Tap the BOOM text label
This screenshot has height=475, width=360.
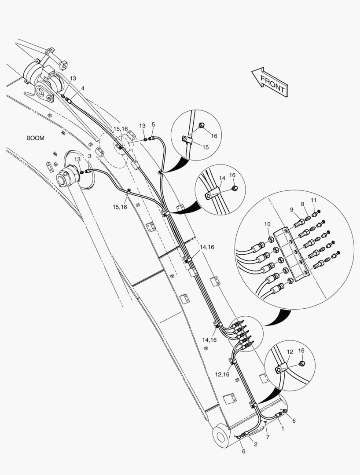click(x=35, y=138)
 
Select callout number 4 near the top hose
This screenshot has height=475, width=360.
click(x=83, y=88)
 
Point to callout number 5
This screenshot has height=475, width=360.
click(x=153, y=124)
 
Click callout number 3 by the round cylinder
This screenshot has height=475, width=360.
click(x=89, y=156)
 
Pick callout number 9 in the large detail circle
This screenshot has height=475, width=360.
click(x=291, y=209)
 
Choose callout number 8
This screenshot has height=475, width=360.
click(x=303, y=204)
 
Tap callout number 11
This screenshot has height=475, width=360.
click(x=313, y=200)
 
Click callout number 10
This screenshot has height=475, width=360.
click(x=267, y=224)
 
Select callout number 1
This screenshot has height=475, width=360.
click(x=282, y=427)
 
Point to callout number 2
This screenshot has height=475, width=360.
click(x=256, y=444)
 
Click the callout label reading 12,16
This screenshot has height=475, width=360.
click(x=222, y=374)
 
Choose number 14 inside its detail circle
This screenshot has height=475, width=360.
click(x=222, y=178)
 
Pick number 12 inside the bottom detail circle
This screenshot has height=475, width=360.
click(x=290, y=352)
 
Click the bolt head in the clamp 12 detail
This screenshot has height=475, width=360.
click(x=302, y=363)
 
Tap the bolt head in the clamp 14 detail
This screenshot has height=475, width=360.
click(x=235, y=188)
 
